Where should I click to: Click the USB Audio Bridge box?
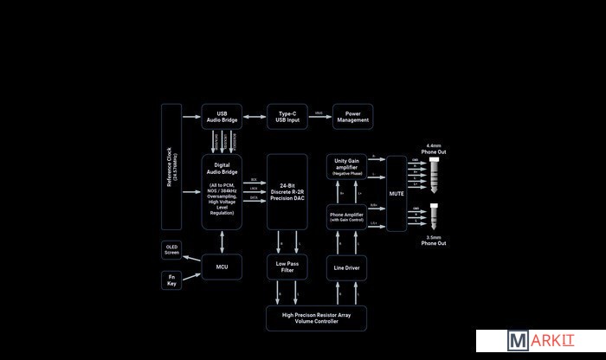pos(222,116)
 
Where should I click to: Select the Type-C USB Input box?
pos(287,116)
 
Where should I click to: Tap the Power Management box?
pos(352,116)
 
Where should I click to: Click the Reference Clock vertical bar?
pos(171,166)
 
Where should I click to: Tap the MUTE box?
pos(396,193)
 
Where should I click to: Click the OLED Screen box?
pos(171,250)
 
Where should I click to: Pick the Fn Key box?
pos(171,280)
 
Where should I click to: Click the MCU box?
pos(222,267)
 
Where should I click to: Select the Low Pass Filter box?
pos(287,267)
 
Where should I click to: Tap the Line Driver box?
pos(347,267)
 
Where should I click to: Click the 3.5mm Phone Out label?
pos(434,241)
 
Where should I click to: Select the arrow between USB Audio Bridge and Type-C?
pos(255,116)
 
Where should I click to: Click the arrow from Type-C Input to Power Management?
pos(320,116)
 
